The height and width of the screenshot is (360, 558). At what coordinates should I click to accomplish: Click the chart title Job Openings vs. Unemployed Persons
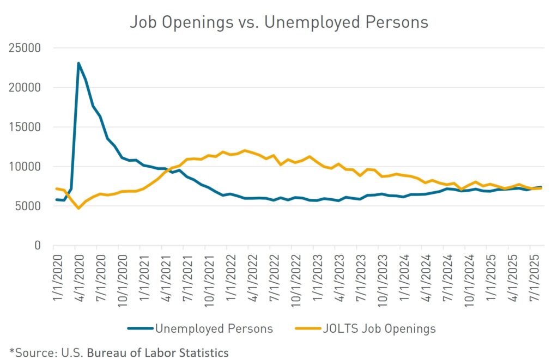coord(278,22)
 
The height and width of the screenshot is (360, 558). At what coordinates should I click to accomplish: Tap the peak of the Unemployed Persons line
coord(78,64)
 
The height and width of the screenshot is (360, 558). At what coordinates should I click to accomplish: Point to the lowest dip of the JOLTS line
coord(78,208)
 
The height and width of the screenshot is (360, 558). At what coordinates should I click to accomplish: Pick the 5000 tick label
coord(30,206)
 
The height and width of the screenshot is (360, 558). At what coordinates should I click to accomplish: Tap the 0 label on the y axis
coord(38,246)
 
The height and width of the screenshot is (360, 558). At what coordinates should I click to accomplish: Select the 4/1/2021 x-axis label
coord(163,272)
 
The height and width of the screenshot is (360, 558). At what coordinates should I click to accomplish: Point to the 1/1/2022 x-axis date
coord(228,272)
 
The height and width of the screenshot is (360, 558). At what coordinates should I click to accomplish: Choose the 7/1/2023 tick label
coord(358,272)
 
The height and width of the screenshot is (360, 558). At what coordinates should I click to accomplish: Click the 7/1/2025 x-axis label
coord(531,272)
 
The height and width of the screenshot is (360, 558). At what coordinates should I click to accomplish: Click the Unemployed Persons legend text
coord(214,328)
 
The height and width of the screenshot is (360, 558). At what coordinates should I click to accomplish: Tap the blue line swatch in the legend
coord(139,328)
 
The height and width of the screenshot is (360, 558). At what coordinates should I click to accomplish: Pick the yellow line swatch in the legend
coord(306,328)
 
